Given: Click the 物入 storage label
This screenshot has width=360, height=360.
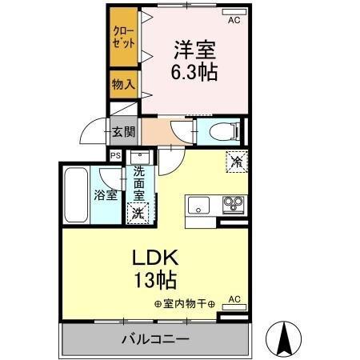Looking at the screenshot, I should (x=122, y=83).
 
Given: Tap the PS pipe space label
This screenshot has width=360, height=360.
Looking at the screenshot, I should (x=116, y=156).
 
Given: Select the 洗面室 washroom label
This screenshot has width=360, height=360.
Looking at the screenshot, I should (x=139, y=182).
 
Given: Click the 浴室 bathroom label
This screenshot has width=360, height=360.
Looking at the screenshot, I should (x=106, y=194).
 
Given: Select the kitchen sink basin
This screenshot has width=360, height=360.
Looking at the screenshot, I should (x=198, y=206).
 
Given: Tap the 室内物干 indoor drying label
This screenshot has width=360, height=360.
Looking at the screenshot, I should (x=186, y=303).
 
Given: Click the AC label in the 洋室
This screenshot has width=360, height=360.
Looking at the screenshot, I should (x=234, y=21).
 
